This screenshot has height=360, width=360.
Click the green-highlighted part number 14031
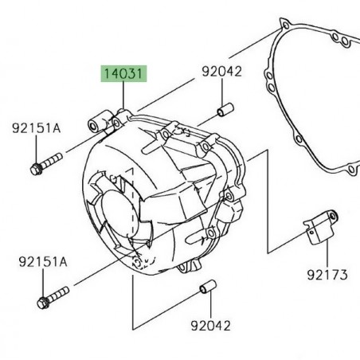tap(123, 76)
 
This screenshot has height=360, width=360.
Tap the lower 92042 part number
tap(211, 325)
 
